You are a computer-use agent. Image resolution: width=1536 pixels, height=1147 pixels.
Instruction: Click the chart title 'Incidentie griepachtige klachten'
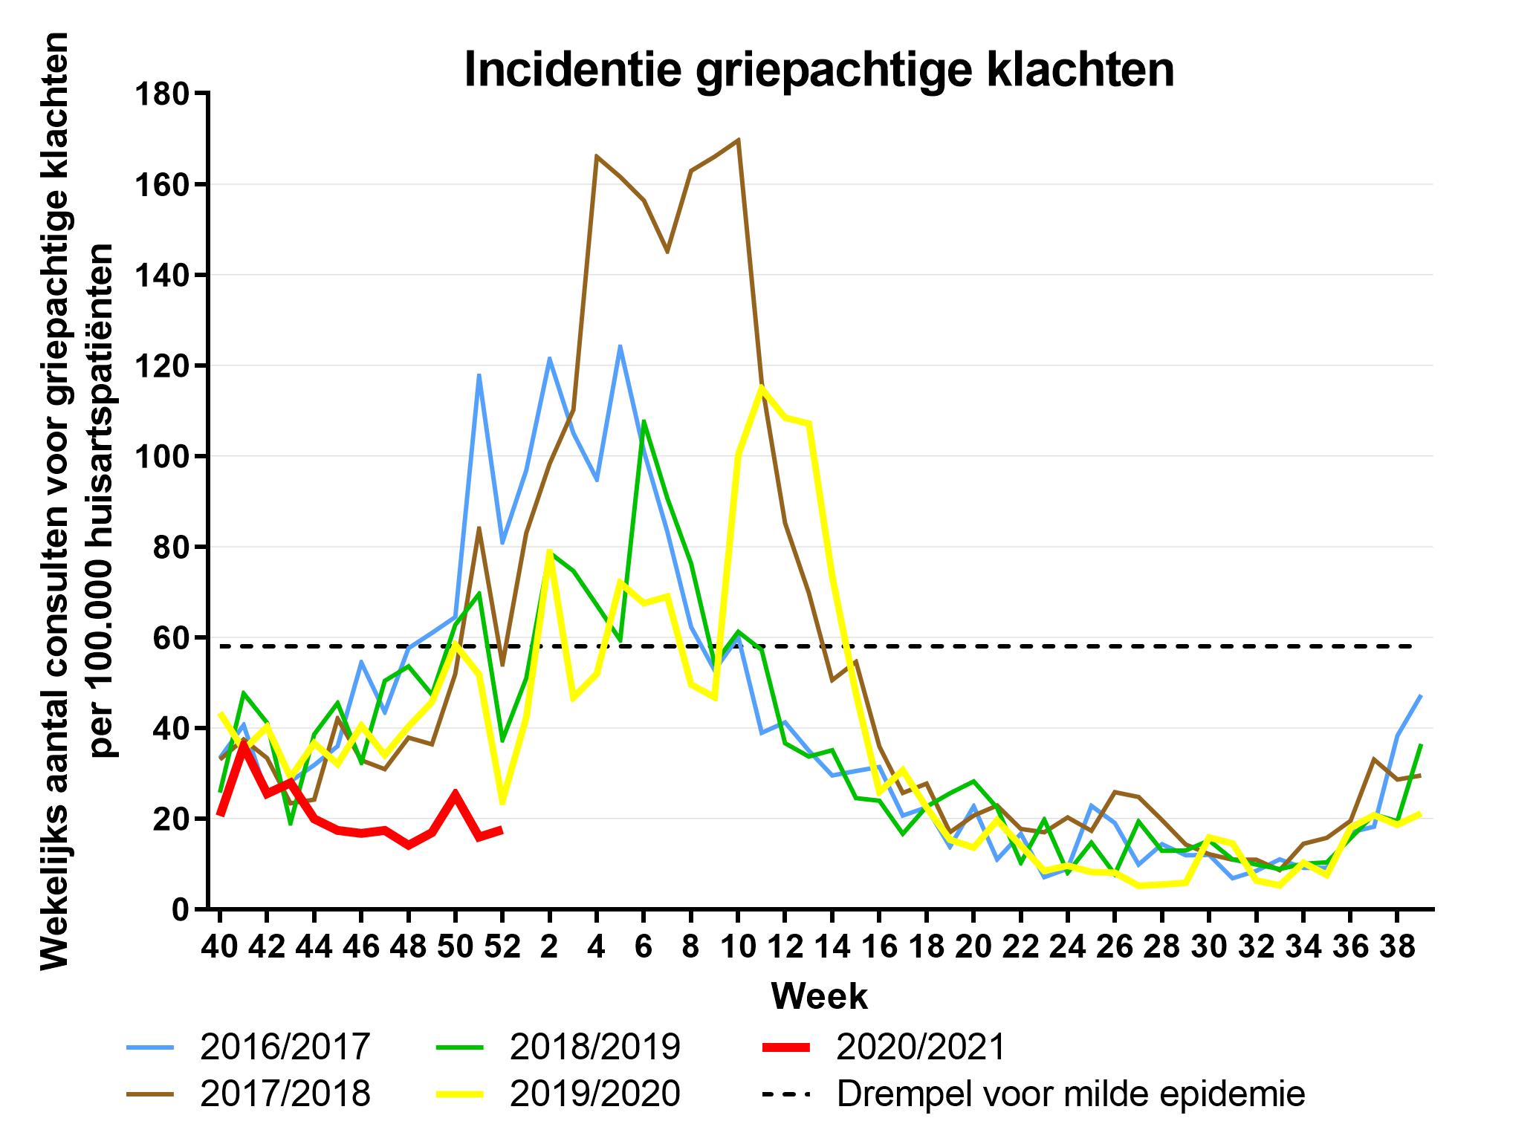click(819, 71)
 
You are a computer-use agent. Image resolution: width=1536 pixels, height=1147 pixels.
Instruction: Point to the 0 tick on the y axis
click(181, 910)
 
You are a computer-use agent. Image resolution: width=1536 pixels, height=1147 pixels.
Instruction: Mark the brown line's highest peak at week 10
click(738, 140)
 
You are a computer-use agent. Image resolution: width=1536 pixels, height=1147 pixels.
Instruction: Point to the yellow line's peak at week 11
click(761, 386)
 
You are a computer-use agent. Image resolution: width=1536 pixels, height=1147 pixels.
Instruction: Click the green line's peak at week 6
click(644, 421)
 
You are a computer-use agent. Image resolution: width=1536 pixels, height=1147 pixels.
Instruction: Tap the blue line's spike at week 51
click(479, 374)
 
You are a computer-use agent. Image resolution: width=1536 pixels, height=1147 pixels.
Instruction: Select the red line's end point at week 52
click(502, 829)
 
